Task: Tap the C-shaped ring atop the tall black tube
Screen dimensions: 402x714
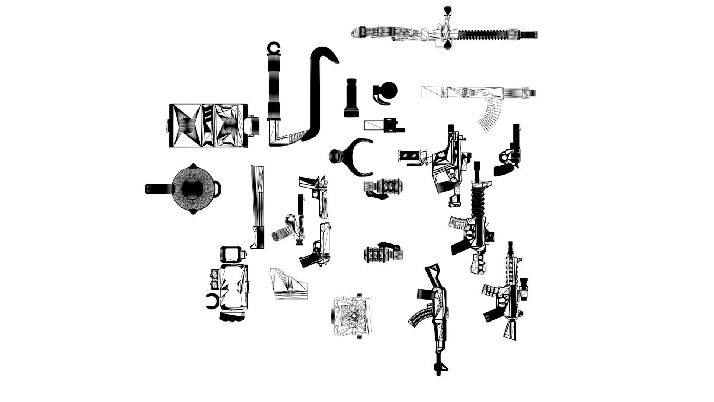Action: coord(274,48)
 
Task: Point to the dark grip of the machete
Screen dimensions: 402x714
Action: coord(259,236)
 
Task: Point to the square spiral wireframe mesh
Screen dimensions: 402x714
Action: coord(351,316)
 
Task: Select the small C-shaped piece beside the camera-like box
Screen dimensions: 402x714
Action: coord(212,301)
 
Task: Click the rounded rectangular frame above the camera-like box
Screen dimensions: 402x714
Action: coord(231,254)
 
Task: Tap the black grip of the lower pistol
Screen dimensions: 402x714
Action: coord(308,261)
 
